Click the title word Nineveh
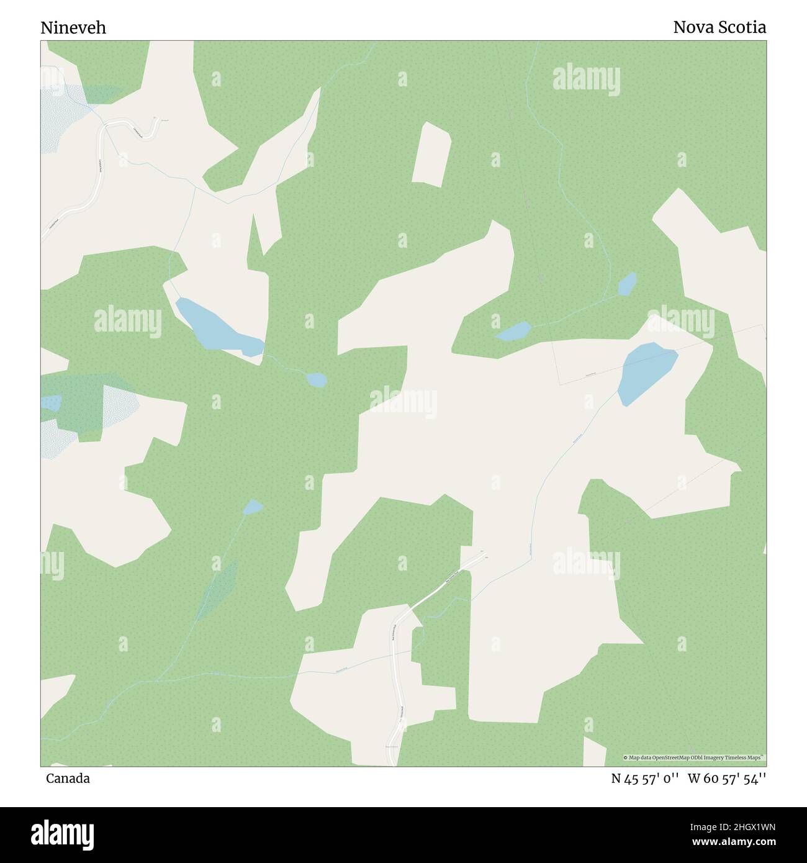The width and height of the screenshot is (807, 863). pos(73,28)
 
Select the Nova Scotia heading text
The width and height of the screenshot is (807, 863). pos(719,27)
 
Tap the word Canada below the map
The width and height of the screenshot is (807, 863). pos(68,779)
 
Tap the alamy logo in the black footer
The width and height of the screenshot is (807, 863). pos(63,834)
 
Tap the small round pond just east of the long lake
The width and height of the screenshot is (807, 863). pos(316,379)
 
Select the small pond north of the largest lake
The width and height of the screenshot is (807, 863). pos(627,284)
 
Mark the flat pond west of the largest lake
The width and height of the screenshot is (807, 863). pos(513,331)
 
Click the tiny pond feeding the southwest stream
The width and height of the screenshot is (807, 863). pos(253,507)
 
